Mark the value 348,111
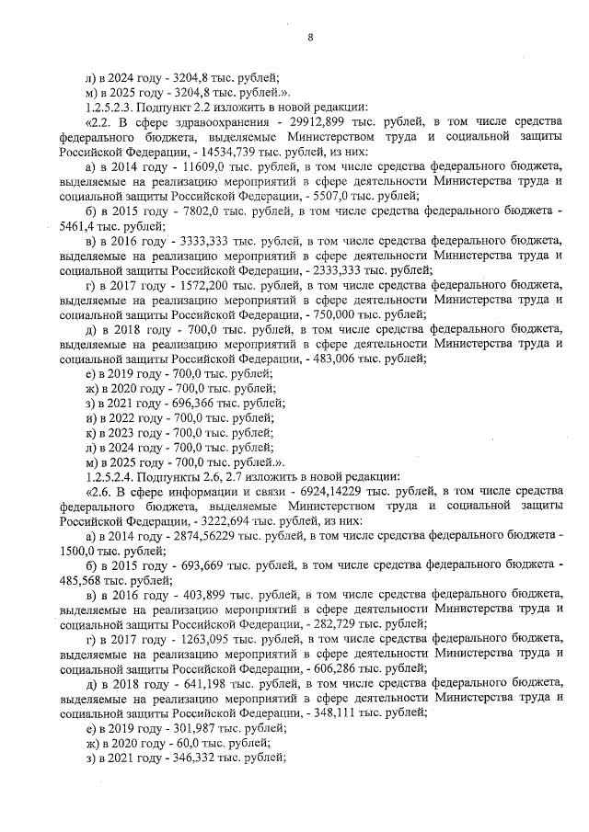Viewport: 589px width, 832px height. pos(333,713)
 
